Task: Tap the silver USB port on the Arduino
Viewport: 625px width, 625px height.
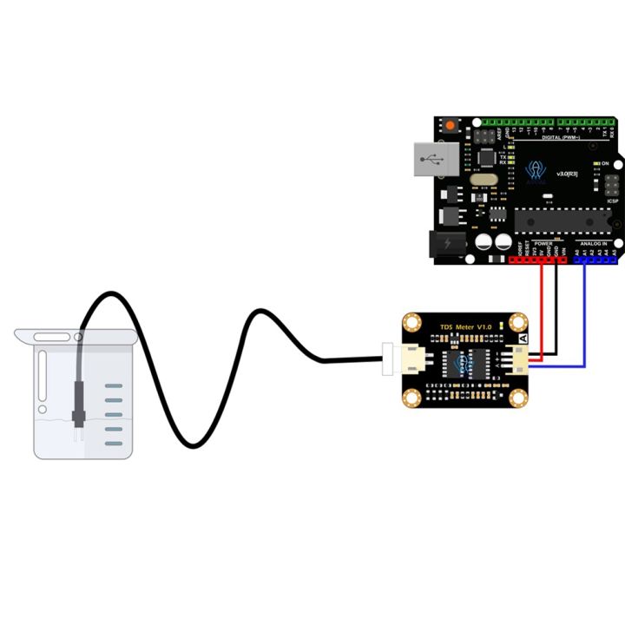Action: [434, 161]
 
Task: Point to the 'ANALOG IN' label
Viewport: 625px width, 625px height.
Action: [593, 244]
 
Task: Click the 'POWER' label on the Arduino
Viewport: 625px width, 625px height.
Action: [544, 244]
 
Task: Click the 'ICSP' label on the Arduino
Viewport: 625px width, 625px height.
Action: [613, 201]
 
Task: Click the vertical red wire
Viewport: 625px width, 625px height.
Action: [542, 308]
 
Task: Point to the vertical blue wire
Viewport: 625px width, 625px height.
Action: [586, 312]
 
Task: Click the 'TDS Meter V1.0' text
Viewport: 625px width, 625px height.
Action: [465, 326]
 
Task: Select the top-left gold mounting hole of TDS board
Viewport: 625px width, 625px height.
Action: [411, 322]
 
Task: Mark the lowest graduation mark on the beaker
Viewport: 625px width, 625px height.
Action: [115, 443]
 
